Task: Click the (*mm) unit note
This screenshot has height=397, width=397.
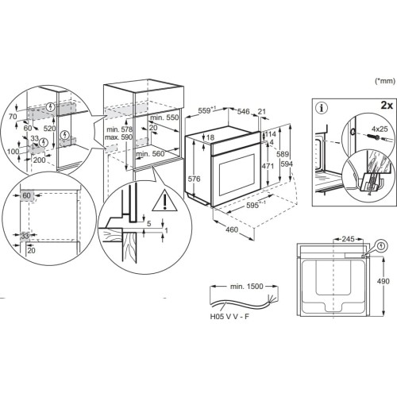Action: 385,81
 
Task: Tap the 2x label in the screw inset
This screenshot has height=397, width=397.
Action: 387,106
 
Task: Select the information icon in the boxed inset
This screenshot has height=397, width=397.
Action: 322,108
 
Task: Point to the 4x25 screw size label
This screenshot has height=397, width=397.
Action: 380,129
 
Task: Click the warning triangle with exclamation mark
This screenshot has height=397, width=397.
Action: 164,200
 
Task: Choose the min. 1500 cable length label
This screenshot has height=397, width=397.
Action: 246,287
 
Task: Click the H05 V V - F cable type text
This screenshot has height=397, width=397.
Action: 229,317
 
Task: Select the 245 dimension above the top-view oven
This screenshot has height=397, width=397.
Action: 348,239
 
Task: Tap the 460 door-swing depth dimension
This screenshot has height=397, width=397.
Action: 232,229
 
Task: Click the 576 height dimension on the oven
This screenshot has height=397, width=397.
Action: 195,179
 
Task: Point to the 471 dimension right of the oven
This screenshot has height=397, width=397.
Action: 268,166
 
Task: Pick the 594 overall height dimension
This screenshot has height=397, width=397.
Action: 287,164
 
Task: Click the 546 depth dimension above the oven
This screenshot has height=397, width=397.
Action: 243,111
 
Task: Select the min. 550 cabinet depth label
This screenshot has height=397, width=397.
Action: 164,118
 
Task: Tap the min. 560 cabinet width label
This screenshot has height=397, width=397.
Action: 150,153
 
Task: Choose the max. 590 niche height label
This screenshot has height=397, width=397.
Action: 118,137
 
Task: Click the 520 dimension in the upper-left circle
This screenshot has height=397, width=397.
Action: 49,129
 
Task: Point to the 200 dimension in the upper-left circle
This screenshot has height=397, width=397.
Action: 39,160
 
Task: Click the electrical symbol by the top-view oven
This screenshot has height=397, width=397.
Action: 381,246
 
